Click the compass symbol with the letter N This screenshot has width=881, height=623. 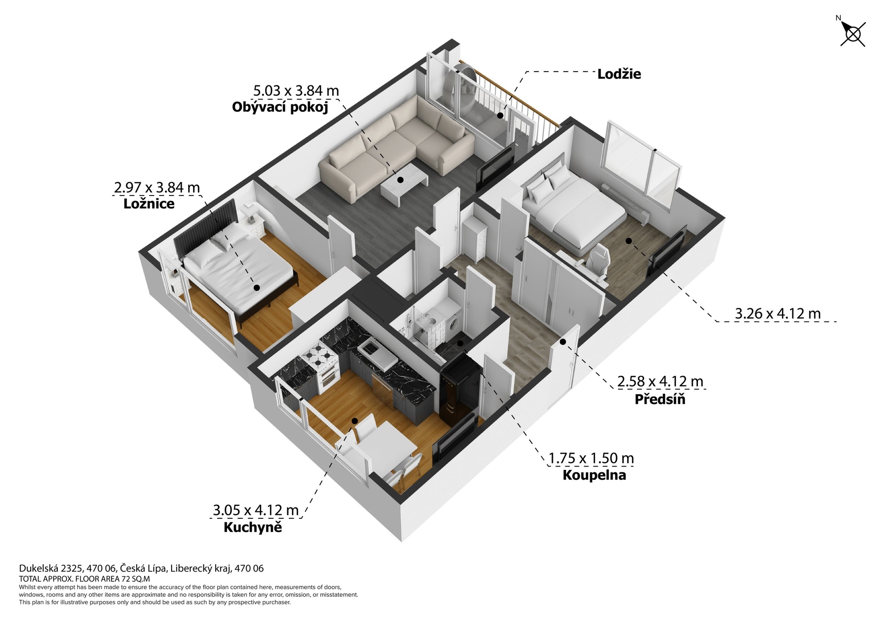click(853, 34)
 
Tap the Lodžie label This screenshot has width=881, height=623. click(619, 74)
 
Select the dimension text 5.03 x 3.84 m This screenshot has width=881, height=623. click(296, 91)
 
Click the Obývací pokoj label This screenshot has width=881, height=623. click(280, 107)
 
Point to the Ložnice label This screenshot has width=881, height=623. click(149, 204)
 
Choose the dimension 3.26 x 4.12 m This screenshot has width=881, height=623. click(777, 314)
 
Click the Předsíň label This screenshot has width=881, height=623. click(659, 399)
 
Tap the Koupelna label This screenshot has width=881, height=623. click(594, 475)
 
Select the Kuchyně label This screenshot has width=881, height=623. click(252, 527)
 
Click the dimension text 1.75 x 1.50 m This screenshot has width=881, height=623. click(591, 458)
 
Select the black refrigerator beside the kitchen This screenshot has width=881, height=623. click(459, 390)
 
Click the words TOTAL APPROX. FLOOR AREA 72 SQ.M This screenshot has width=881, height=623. click(84, 579)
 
